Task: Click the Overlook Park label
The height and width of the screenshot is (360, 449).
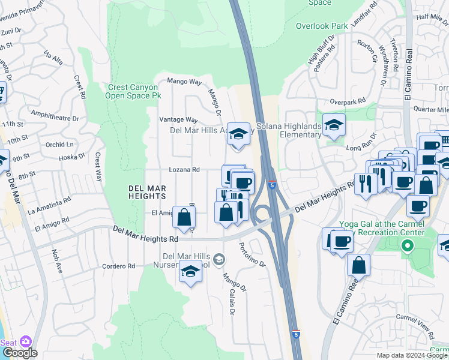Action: tap(322, 26)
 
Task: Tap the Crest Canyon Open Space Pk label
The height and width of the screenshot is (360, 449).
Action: tap(133, 91)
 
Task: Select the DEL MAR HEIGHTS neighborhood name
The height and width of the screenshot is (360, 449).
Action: tap(147, 191)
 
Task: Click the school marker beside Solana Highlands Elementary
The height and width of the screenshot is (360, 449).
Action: tap(334, 125)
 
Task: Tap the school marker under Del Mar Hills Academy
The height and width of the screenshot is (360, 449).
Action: tap(238, 134)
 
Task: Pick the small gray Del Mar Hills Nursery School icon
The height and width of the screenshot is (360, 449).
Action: tap(219, 259)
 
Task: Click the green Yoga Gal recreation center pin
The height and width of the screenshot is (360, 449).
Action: tap(408, 245)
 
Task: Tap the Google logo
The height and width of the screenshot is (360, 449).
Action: tap(19, 353)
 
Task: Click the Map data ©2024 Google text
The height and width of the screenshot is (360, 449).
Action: tap(412, 355)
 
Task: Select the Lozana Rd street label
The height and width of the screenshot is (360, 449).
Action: tap(184, 170)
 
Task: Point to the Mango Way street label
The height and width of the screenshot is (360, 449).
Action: tap(184, 81)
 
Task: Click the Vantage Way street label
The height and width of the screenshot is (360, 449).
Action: tap(178, 120)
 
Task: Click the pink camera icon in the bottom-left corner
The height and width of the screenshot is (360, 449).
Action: tap(25, 341)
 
